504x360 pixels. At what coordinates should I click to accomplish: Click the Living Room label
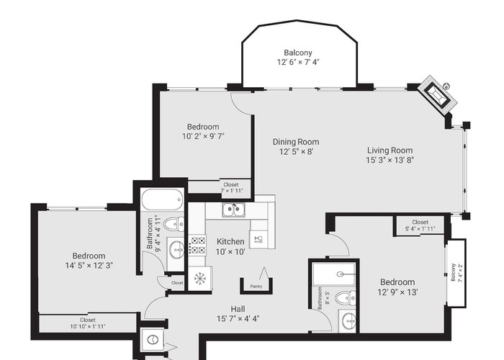[x=390, y=155]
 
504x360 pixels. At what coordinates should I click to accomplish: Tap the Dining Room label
[x=296, y=147]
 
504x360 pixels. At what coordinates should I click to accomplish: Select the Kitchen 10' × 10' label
[x=230, y=246]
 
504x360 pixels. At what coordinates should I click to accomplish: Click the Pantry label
[x=256, y=287]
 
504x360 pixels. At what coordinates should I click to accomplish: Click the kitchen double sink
[x=234, y=210]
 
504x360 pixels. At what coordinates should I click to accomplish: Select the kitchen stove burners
[x=197, y=245]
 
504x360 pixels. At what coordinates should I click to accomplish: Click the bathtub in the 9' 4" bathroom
[x=162, y=199]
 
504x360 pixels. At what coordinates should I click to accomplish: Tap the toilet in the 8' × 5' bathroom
[x=345, y=298]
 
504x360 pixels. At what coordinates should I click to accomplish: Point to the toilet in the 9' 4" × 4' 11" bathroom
[x=174, y=224]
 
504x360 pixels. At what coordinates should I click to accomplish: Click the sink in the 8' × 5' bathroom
[x=348, y=321]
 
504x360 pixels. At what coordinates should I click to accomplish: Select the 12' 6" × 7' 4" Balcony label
[x=298, y=57]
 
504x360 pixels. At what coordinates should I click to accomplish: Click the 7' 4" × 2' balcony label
[x=456, y=273]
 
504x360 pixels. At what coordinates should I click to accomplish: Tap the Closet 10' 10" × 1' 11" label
[x=88, y=323]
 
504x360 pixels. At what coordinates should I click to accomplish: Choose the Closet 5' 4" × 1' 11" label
[x=420, y=225]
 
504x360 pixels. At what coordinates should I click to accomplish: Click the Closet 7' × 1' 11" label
[x=231, y=188]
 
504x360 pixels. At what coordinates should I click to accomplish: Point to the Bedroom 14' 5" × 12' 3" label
[x=89, y=261]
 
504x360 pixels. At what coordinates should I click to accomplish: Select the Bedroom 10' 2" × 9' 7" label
[x=203, y=131]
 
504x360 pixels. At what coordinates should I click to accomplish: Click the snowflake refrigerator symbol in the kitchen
[x=200, y=279]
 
